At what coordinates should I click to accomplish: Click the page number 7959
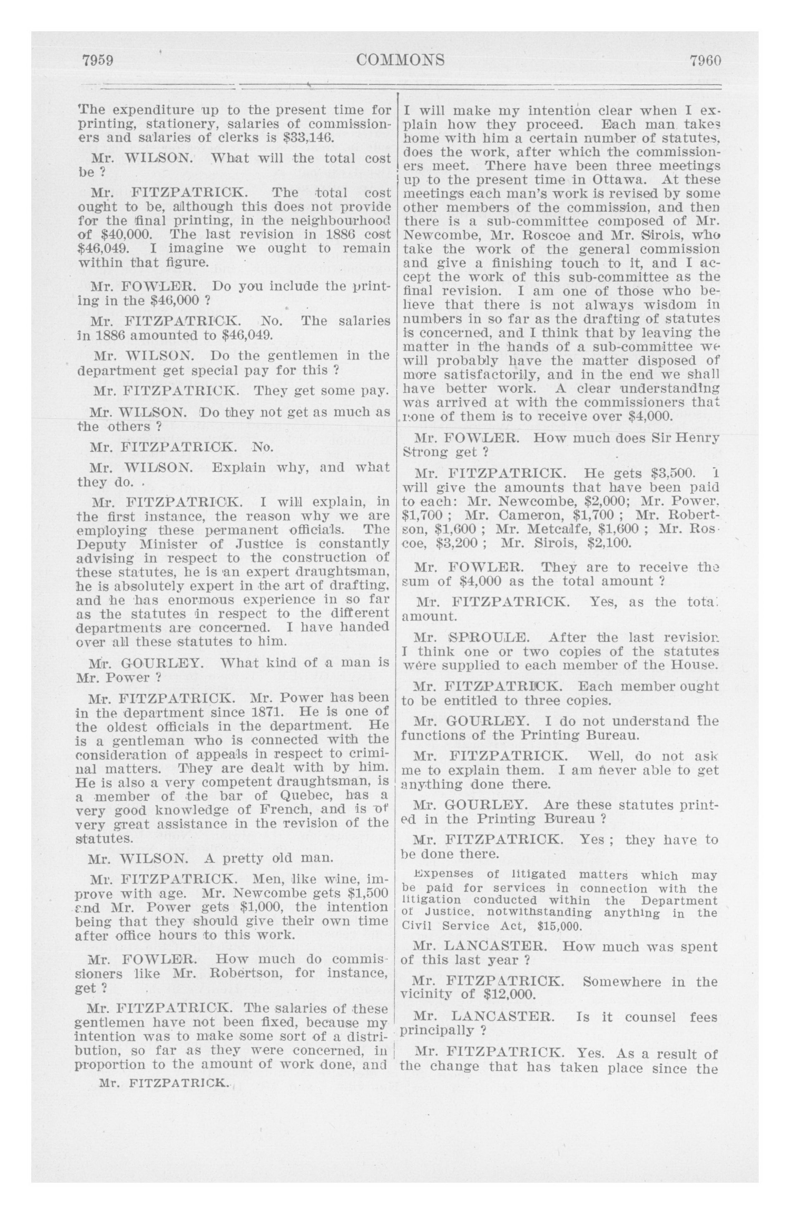(x=97, y=60)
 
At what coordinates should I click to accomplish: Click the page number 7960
(x=705, y=60)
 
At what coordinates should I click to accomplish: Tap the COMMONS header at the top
(x=400, y=60)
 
